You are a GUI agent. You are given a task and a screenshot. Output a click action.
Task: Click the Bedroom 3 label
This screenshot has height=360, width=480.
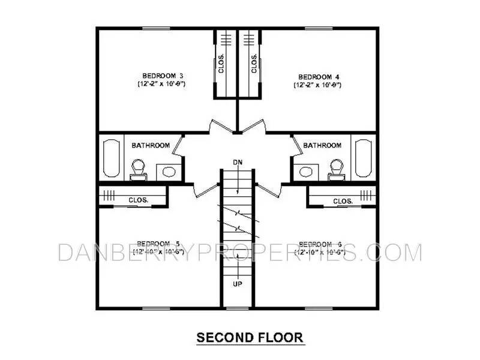[x=163, y=76]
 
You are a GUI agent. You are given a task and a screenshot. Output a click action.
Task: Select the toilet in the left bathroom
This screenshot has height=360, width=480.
[x=139, y=169]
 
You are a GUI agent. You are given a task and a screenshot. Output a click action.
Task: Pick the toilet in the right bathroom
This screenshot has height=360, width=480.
[x=336, y=169]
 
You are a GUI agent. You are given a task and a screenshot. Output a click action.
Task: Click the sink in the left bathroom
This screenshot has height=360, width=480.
[x=169, y=172]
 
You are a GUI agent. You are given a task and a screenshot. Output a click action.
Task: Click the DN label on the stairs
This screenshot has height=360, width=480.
[x=238, y=163]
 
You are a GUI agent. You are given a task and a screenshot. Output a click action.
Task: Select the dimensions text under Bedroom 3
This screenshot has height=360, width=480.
[x=163, y=85]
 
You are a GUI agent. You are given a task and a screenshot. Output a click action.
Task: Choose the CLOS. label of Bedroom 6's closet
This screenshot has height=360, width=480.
[x=342, y=201]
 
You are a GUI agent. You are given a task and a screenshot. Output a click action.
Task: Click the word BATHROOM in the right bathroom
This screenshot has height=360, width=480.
[x=322, y=145]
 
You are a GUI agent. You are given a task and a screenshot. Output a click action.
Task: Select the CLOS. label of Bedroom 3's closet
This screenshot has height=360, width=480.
[x=221, y=64]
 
